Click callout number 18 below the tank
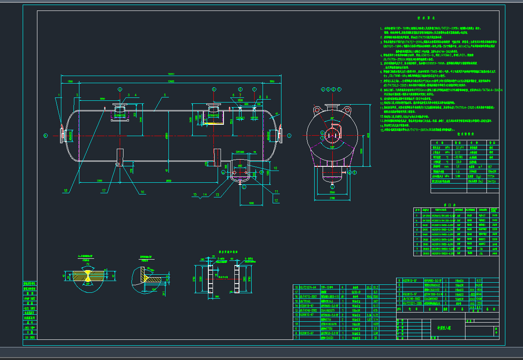tap(65, 191)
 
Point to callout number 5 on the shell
tap(165, 95)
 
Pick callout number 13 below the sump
tap(218, 195)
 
